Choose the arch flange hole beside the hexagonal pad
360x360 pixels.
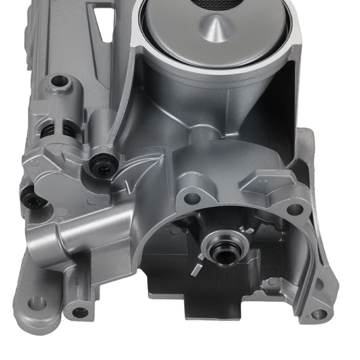click(x=294, y=209)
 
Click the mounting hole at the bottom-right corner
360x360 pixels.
click(x=319, y=314)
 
